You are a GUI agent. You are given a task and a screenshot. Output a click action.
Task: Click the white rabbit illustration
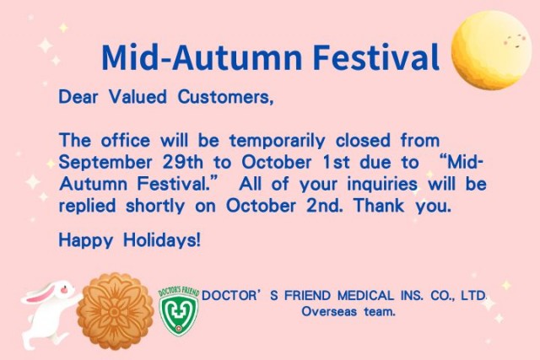[47, 312]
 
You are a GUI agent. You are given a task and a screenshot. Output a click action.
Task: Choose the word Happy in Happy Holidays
[82, 240]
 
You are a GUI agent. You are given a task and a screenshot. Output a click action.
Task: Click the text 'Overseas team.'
[349, 311]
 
